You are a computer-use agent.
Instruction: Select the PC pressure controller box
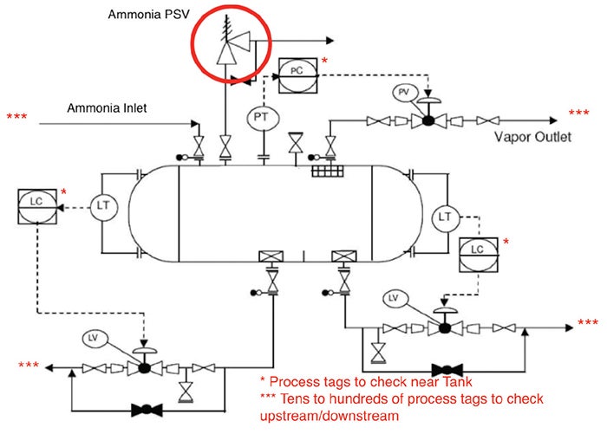point(297,75)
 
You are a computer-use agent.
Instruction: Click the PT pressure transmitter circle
point(263,117)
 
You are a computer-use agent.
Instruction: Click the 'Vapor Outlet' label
point(532,137)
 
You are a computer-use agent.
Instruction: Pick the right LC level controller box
point(479,252)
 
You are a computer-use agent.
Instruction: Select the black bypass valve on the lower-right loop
point(452,368)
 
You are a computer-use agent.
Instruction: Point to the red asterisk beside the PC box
point(324,61)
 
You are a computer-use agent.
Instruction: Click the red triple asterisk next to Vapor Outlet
point(578,113)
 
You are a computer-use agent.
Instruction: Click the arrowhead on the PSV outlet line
point(330,40)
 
